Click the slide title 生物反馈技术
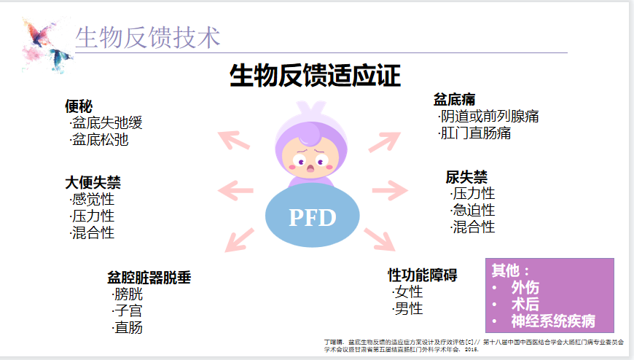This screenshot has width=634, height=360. [147, 37]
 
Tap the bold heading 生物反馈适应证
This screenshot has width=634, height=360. [315, 76]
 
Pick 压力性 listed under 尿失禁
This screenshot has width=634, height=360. [473, 194]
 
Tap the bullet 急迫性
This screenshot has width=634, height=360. [473, 210]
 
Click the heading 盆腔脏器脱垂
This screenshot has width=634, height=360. [149, 278]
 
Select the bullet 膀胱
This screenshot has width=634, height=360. [128, 294]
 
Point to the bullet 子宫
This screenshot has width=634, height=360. [128, 310]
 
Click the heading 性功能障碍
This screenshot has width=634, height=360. [423, 275]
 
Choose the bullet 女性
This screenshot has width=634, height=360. [408, 292]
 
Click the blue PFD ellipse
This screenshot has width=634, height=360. [312, 217]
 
